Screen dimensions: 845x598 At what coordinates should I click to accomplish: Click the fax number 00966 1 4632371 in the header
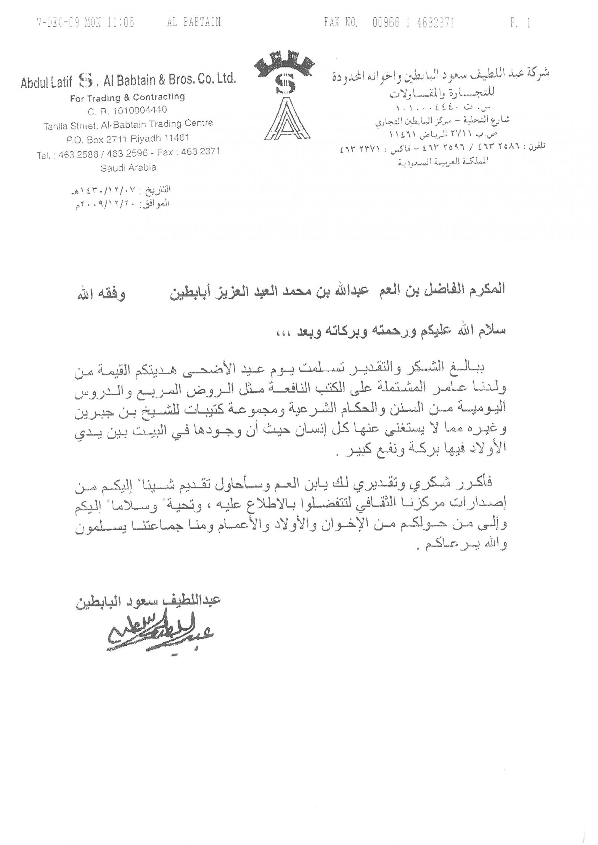413,23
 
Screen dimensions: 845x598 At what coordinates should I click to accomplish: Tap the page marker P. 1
521,23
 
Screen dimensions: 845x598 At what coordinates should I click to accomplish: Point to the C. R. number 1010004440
128,110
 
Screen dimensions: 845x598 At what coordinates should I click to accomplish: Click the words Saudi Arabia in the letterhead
128,167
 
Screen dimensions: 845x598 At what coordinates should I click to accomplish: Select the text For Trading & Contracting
127,98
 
